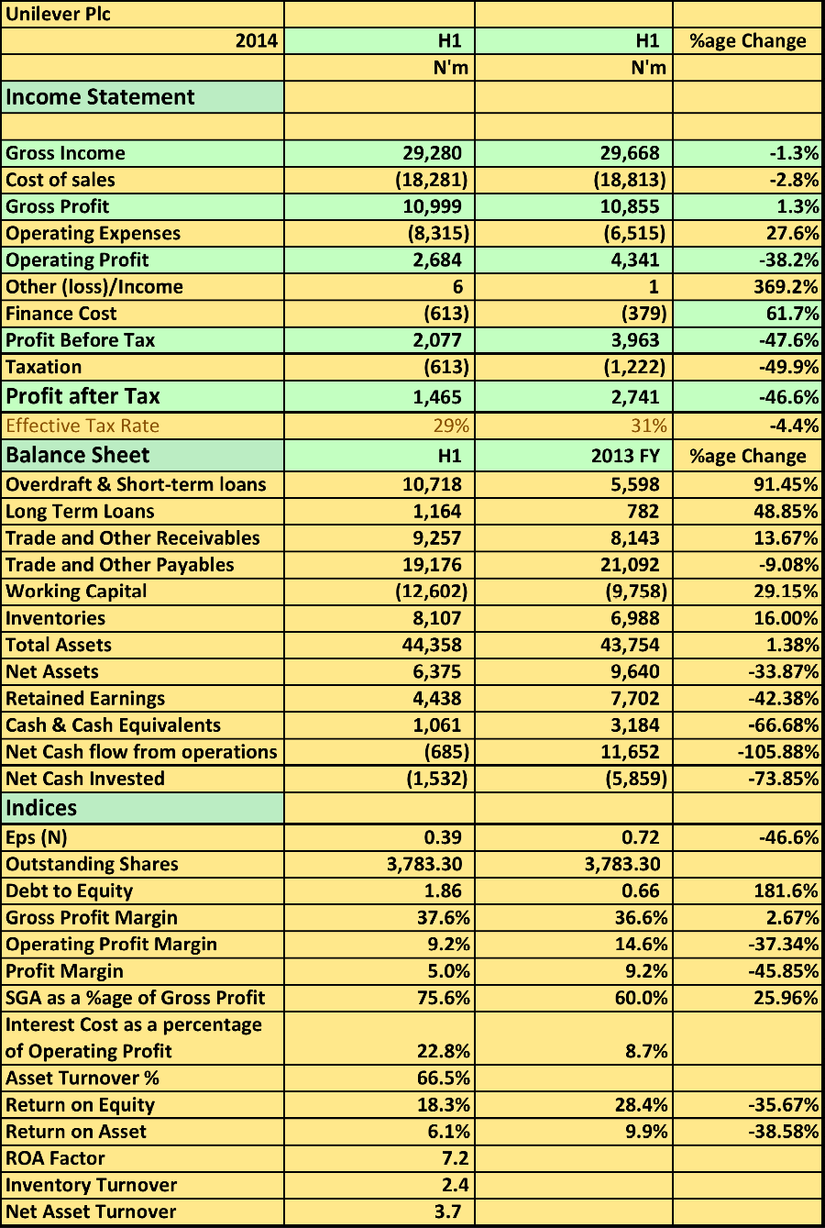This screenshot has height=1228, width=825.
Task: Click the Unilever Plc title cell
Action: tap(59, 15)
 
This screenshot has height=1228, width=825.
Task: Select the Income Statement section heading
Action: tap(100, 97)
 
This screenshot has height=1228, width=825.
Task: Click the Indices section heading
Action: tap(41, 808)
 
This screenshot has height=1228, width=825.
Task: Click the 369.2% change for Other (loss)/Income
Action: tap(784, 286)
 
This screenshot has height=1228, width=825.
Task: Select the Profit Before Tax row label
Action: tap(81, 340)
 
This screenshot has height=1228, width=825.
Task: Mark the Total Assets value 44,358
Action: tap(432, 645)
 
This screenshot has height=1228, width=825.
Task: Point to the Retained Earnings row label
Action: tap(85, 698)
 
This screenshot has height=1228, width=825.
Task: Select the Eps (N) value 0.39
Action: tap(443, 837)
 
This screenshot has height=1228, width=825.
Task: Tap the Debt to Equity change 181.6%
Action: tap(786, 891)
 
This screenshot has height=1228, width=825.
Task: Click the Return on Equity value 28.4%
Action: tap(641, 1104)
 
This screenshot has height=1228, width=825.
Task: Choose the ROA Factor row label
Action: tap(55, 1158)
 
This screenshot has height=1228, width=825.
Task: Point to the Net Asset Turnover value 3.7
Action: tap(447, 1211)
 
